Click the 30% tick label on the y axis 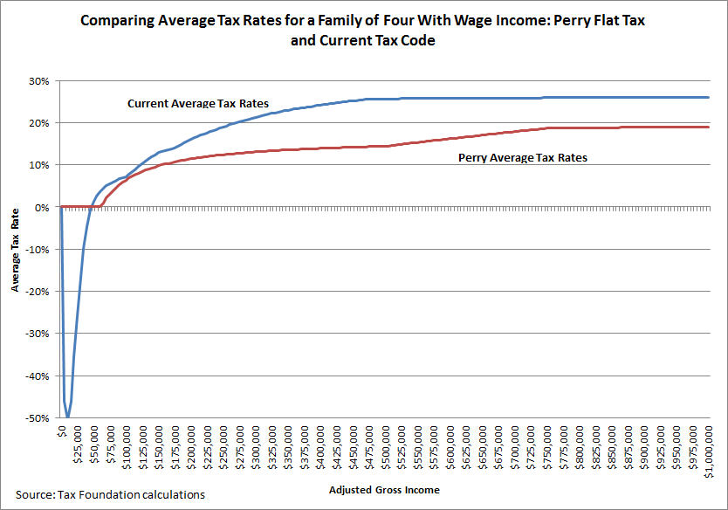click(x=39, y=81)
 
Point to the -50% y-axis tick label click(x=37, y=418)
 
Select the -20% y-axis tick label click(x=37, y=292)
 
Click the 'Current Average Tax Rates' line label click(x=198, y=104)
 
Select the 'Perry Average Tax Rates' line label click(x=523, y=158)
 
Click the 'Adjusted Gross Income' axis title click(x=384, y=491)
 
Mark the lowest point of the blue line click(x=67, y=417)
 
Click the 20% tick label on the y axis click(x=39, y=123)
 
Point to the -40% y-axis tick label click(x=37, y=376)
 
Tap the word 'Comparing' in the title click(x=116, y=20)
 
